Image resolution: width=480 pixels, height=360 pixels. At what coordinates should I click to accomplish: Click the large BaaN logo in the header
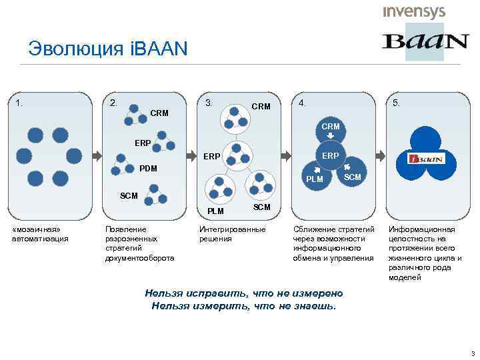(425, 41)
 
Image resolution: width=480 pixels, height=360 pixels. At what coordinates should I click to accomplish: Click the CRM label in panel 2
(159, 113)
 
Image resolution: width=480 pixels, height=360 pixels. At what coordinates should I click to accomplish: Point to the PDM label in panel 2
(148, 169)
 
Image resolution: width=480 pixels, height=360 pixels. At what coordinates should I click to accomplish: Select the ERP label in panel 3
(212, 157)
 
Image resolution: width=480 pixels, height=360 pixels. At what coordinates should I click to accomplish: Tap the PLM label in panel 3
(215, 211)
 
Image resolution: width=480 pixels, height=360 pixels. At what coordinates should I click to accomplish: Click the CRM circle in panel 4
(330, 127)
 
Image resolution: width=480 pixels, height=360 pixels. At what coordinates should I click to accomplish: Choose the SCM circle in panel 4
(351, 175)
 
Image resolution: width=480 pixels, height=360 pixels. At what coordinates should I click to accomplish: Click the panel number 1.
(20, 103)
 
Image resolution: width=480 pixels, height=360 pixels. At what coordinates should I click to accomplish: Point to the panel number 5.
(397, 103)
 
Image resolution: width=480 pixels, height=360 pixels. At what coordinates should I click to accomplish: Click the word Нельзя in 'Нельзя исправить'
(162, 293)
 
